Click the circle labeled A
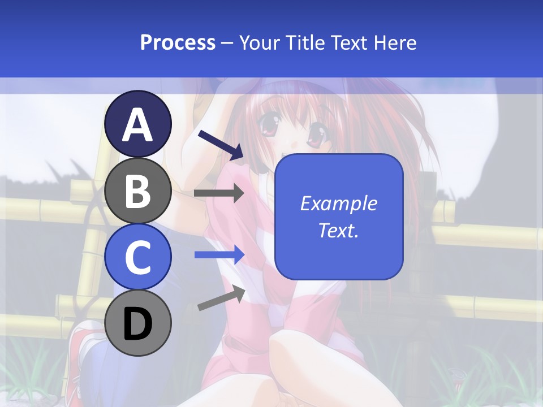(138, 124)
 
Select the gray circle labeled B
(138, 191)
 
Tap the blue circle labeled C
(138, 257)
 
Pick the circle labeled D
(138, 323)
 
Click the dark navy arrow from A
(221, 145)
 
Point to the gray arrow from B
(219, 193)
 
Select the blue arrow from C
(219, 255)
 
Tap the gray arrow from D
(221, 298)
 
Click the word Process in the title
(178, 42)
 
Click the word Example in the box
(339, 203)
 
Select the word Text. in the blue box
(339, 230)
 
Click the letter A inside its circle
(138, 125)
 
